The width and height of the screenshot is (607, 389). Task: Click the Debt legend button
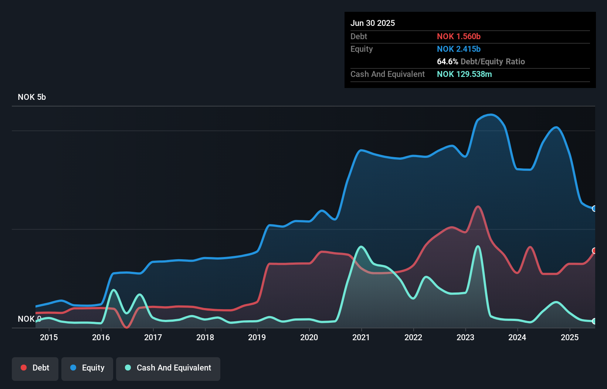(35, 368)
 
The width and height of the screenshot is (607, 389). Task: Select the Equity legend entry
(87, 368)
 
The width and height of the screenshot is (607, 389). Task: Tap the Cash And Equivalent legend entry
(168, 368)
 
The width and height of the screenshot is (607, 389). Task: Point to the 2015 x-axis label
(49, 337)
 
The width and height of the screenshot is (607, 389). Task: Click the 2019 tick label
(257, 337)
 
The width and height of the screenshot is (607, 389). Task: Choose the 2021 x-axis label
(361, 337)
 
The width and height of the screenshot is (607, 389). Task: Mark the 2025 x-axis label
(570, 337)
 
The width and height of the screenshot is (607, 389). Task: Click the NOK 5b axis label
(32, 97)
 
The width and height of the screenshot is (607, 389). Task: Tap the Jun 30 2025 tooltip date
(373, 23)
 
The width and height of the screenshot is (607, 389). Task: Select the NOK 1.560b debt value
(459, 36)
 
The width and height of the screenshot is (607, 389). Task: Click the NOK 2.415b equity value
(459, 49)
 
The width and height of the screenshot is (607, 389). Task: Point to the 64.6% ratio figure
(447, 61)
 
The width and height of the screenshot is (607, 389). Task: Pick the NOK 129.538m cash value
(464, 74)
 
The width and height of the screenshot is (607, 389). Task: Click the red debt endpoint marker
(594, 251)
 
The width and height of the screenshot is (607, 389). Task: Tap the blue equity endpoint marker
(594, 209)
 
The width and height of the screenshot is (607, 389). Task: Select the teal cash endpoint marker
(594, 321)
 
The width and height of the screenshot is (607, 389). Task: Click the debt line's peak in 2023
(478, 206)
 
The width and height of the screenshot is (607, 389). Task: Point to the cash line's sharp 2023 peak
(478, 246)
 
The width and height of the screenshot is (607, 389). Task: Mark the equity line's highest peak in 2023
(491, 115)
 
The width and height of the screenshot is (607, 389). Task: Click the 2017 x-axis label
(153, 337)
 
